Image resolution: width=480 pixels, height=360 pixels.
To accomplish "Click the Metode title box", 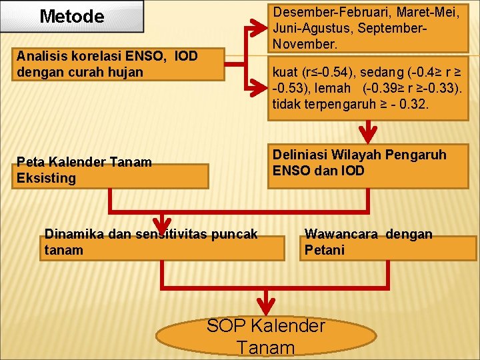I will coord(72,17).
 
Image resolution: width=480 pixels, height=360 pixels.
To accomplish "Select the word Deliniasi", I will coord(301,155).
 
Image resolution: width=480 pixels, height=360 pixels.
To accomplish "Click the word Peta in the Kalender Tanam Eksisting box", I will coord(31,162).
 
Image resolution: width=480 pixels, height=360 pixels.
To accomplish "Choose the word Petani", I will coord(325,250).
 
